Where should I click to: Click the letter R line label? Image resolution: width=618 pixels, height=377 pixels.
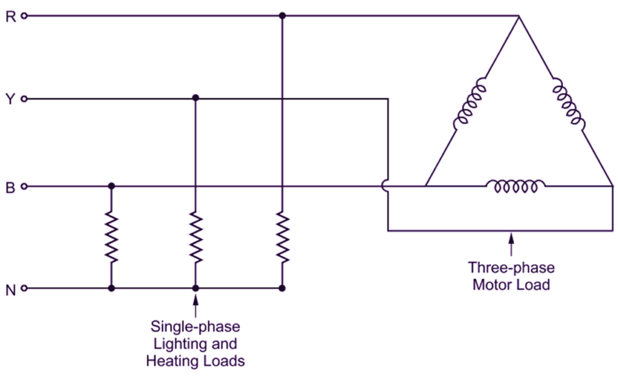(10, 16)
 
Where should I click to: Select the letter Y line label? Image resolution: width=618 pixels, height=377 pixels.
(10, 99)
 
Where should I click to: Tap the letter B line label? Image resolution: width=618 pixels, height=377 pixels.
(10, 188)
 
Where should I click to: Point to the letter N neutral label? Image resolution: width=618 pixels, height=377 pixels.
(10, 290)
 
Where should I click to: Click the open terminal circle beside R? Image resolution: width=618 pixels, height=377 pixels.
(24, 16)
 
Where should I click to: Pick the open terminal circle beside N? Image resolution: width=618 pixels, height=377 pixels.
(24, 289)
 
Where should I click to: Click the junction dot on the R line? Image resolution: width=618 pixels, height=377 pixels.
(282, 16)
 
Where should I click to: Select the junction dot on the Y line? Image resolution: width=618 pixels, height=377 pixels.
(195, 98)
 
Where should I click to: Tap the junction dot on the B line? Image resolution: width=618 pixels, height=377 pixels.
(110, 186)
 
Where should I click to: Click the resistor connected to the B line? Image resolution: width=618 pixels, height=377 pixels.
(110, 236)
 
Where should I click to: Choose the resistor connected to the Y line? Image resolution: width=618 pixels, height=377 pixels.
(195, 236)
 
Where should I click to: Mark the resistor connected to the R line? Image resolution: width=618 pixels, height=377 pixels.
(282, 236)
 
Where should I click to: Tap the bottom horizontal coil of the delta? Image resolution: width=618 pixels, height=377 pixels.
(515, 186)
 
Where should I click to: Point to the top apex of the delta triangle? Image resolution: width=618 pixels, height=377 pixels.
(518, 17)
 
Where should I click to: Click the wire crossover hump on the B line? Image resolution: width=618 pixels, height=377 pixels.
(386, 186)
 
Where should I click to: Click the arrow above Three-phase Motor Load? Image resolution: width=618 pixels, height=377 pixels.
(512, 244)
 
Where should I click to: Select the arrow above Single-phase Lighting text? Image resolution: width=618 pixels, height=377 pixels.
(195, 306)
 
